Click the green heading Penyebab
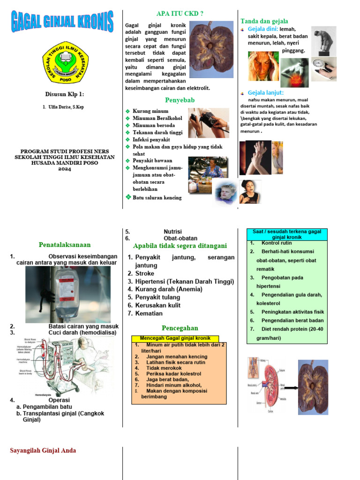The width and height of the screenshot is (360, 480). click(180, 100)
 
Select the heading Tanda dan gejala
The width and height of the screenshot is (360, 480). click(264, 21)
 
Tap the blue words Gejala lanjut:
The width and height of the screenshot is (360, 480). click(265, 92)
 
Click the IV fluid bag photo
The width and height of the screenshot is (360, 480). click(68, 294)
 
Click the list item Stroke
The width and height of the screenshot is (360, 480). click(144, 273)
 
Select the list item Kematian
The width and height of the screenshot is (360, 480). click(149, 313)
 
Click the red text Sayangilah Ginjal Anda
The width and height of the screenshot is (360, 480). click(43, 450)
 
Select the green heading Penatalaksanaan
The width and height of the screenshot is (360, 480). click(65, 245)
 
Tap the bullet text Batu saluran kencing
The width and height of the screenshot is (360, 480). click(157, 198)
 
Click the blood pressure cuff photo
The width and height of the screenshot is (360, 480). click(209, 122)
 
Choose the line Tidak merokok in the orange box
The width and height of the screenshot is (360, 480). click(164, 368)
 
